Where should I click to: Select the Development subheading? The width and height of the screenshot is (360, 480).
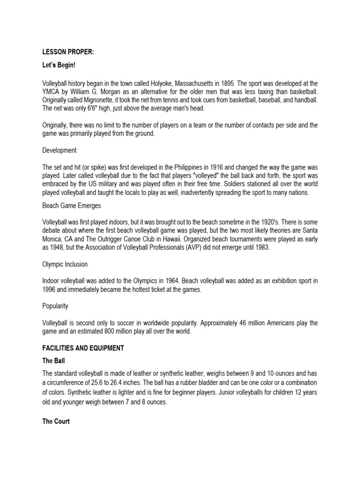(60, 150)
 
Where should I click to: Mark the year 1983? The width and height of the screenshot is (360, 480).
(261, 247)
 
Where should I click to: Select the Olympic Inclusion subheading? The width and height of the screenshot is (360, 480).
(65, 264)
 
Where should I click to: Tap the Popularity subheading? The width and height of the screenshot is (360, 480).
(55, 306)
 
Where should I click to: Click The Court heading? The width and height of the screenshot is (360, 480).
(56, 421)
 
